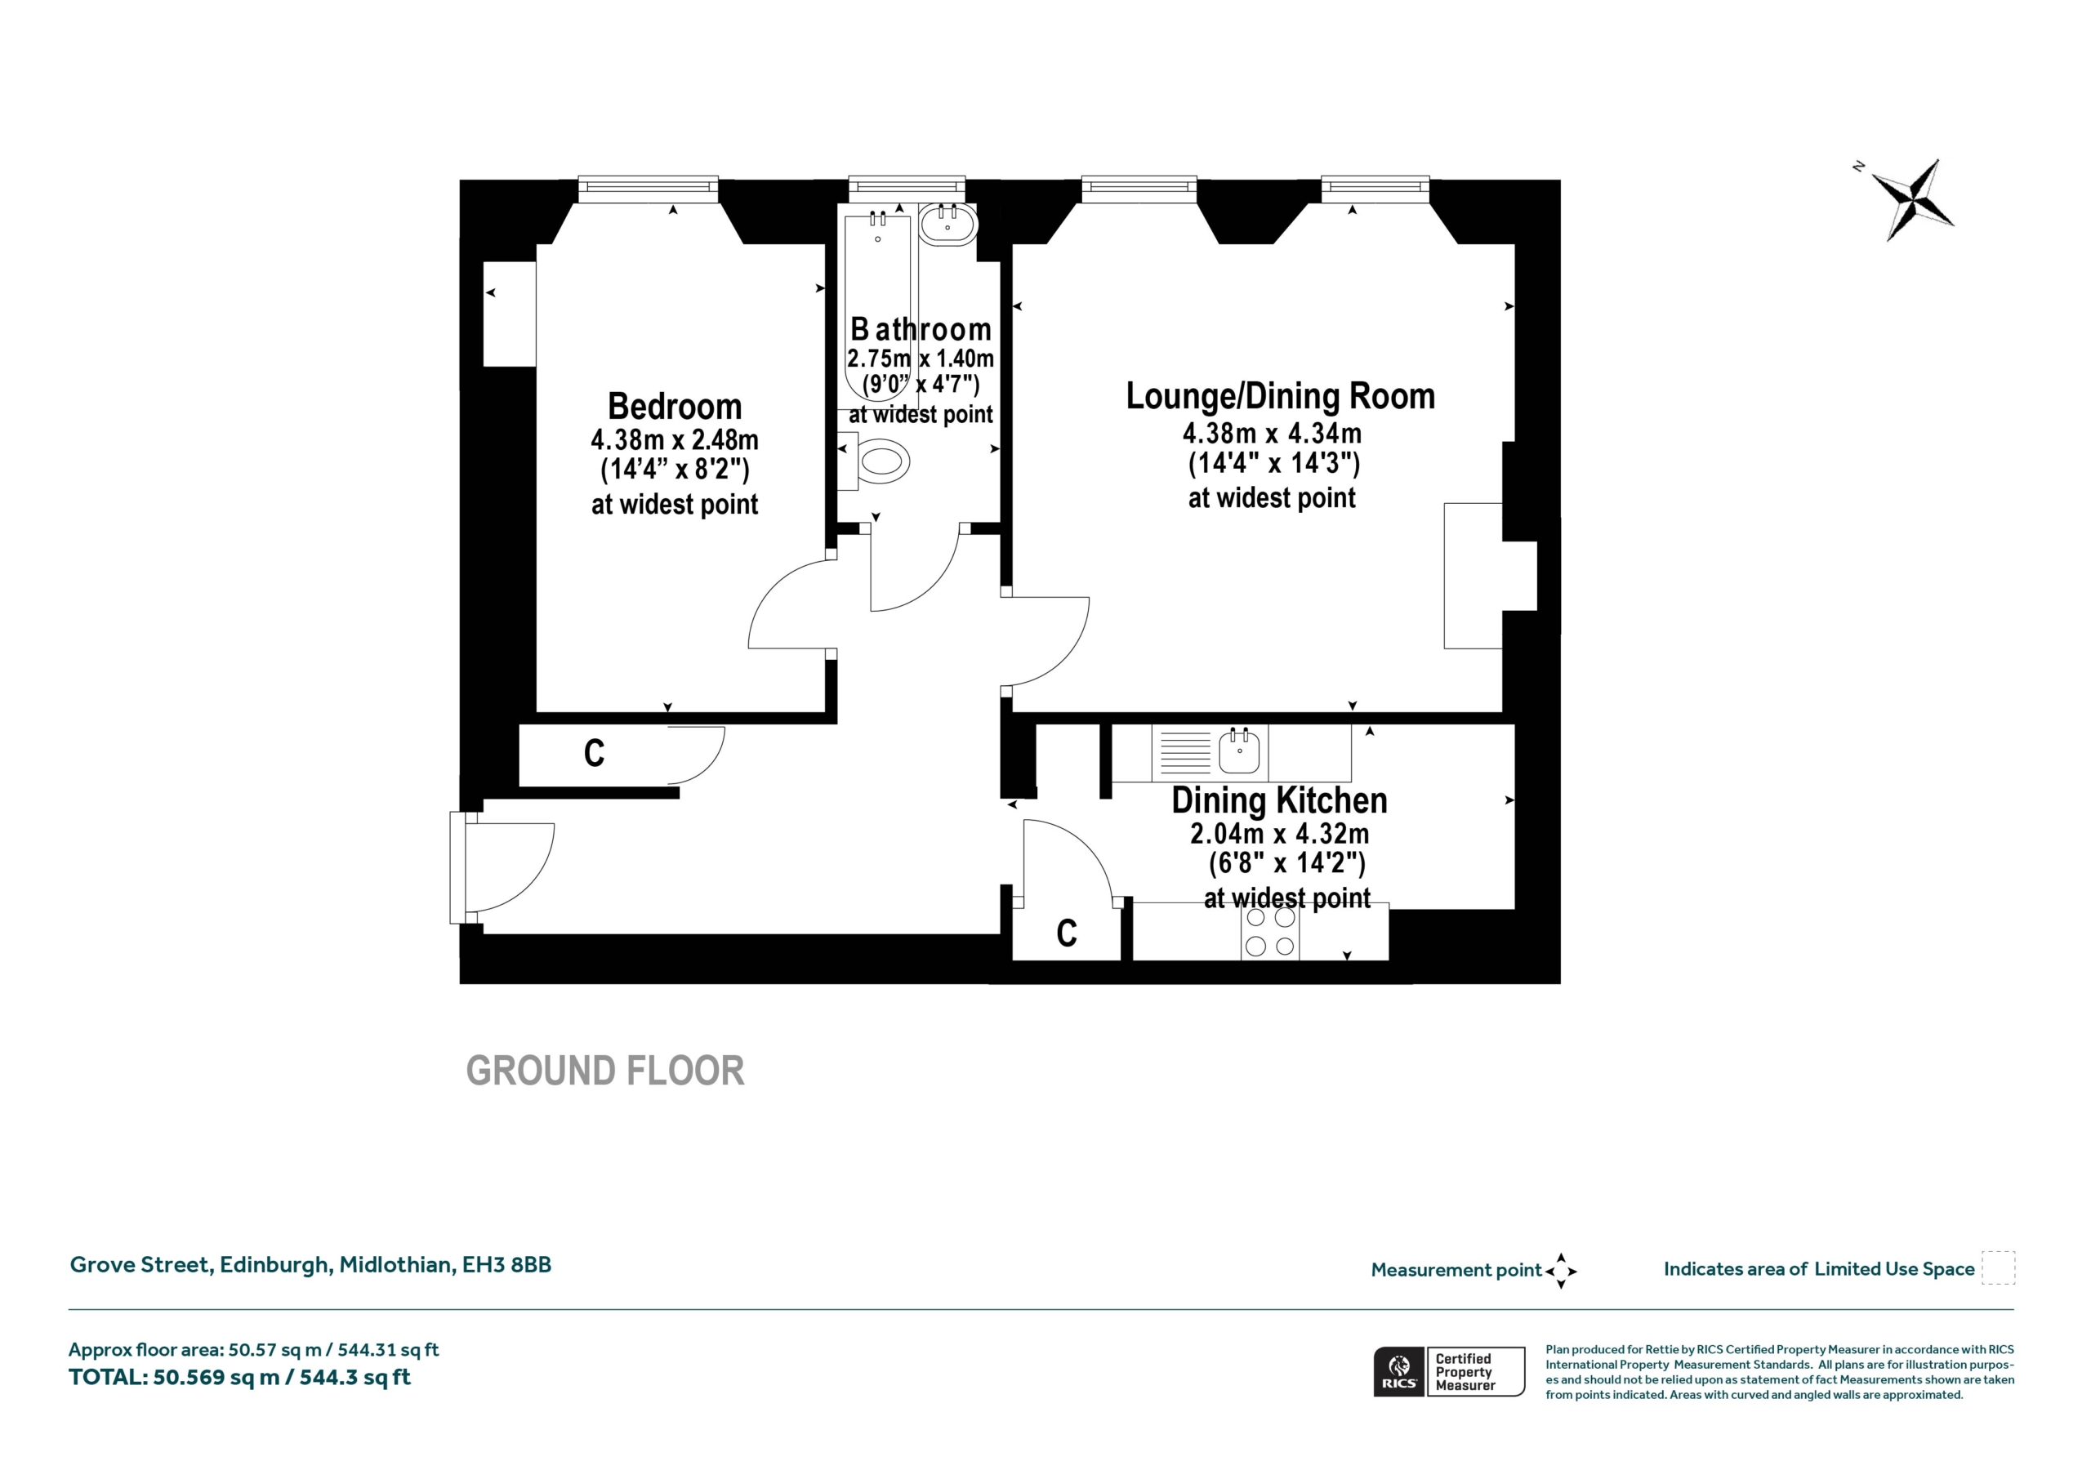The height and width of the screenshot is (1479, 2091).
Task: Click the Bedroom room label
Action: (674, 406)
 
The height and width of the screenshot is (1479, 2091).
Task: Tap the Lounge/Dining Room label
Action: (1281, 396)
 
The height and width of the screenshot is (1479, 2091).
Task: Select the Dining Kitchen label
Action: (1280, 800)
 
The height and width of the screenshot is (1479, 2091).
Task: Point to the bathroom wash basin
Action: (948, 223)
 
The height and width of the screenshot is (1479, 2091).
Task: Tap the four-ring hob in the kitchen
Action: (1270, 933)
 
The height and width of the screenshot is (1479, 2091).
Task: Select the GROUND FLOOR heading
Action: (604, 1071)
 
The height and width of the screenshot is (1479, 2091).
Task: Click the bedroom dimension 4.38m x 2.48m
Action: (674, 440)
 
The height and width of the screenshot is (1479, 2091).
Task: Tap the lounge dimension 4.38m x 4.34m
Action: (1273, 434)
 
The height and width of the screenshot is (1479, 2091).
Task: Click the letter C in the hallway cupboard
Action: (594, 753)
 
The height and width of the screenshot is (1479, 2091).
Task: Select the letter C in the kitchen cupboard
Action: (1067, 933)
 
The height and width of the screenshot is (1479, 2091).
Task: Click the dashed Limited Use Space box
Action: (1998, 1267)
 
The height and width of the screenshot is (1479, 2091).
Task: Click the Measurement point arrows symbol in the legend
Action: (1561, 1271)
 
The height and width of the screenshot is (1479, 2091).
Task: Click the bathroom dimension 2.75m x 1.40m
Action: (920, 358)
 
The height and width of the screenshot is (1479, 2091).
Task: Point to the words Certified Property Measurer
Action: (1465, 1371)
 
